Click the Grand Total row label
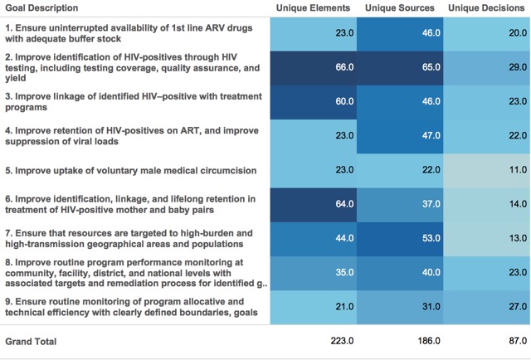tap(32, 341)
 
